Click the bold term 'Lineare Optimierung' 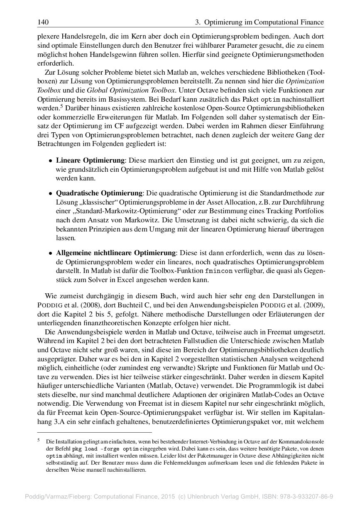(x=90, y=160)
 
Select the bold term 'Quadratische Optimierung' (x=99, y=193)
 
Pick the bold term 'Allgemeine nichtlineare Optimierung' (x=116, y=253)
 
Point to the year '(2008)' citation (x=91, y=305)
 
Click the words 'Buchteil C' (x=129, y=305)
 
